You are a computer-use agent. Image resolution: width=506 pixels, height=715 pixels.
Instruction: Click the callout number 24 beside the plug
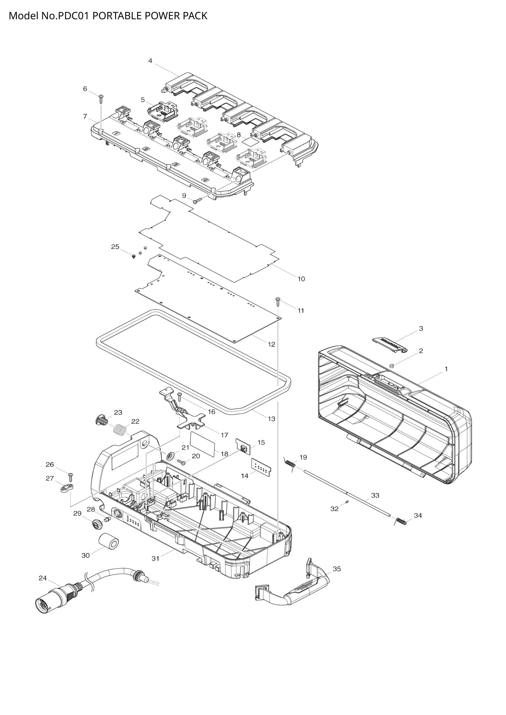(x=43, y=578)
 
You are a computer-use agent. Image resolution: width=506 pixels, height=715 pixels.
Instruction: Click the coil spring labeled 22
(x=120, y=430)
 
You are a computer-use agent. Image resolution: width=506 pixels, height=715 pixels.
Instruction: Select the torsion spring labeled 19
(x=290, y=463)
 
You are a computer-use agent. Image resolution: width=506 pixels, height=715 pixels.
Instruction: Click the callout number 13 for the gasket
(x=271, y=418)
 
